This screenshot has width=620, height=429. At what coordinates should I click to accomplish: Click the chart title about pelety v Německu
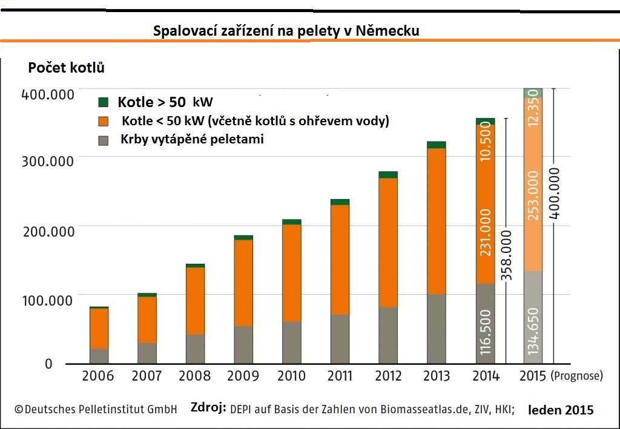286,30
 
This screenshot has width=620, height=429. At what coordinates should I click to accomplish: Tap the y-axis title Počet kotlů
67,68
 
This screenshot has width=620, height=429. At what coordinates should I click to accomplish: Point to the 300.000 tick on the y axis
48,162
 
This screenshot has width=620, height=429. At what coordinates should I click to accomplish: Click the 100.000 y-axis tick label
48,300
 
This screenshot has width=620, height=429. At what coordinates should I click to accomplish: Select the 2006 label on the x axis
98,376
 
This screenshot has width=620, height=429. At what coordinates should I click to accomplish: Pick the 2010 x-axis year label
291,376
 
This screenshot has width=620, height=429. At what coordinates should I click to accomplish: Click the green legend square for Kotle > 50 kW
103,101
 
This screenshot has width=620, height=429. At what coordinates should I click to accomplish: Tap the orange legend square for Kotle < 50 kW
103,121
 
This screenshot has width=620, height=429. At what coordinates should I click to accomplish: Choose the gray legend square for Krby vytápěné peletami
103,140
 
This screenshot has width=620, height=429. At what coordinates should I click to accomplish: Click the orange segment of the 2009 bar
243,283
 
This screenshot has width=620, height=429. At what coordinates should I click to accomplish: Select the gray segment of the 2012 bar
388,335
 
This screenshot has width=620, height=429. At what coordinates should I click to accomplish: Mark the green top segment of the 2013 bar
436,145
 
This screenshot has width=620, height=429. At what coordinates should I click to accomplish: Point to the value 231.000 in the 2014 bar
485,232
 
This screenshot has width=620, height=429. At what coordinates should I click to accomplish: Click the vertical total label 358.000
506,255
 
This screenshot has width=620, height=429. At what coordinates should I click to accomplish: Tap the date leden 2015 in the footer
561,410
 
